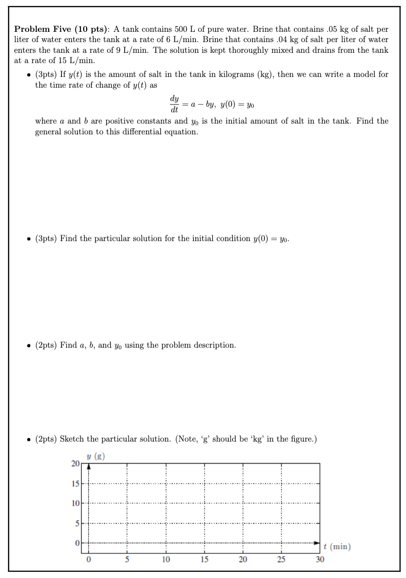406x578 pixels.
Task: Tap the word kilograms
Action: [240, 75]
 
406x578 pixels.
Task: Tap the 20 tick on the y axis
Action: [75, 464]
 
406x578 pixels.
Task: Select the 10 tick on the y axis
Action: [75, 503]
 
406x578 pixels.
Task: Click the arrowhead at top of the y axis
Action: [89, 466]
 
